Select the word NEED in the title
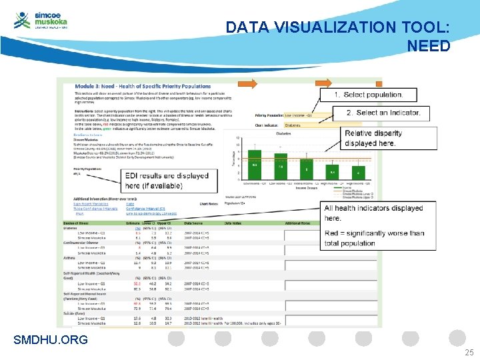click(429, 46)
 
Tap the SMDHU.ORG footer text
click(51, 341)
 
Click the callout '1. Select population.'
click(368, 95)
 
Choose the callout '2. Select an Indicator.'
click(383, 113)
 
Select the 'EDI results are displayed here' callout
click(167, 181)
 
